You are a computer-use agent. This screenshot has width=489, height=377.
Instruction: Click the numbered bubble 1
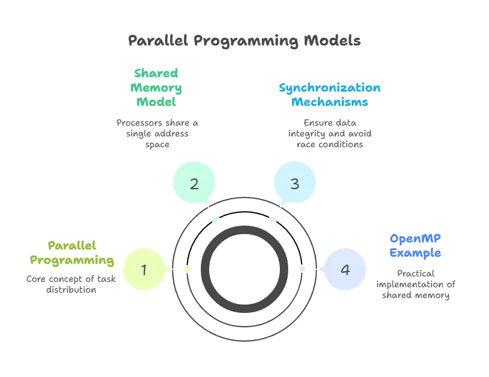click(143, 269)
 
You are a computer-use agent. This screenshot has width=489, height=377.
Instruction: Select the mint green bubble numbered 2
click(194, 184)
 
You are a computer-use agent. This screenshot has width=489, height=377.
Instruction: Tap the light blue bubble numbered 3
click(294, 184)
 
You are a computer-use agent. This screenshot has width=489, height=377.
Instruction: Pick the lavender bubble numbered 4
click(345, 269)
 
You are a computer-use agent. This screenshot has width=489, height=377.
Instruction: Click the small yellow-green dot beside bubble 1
click(187, 269)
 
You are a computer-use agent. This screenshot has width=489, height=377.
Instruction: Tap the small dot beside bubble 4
click(301, 268)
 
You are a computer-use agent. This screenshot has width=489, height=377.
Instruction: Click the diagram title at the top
click(244, 41)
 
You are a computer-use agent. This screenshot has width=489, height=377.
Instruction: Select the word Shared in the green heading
click(156, 74)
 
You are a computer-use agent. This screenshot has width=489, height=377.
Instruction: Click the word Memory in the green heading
click(156, 88)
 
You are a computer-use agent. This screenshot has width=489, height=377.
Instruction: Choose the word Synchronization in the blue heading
click(330, 88)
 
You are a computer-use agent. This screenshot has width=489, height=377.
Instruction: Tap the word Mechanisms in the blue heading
click(330, 102)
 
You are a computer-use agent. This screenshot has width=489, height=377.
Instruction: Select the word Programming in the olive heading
click(72, 260)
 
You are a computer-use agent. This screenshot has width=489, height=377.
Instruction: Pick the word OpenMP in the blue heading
click(415, 238)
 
